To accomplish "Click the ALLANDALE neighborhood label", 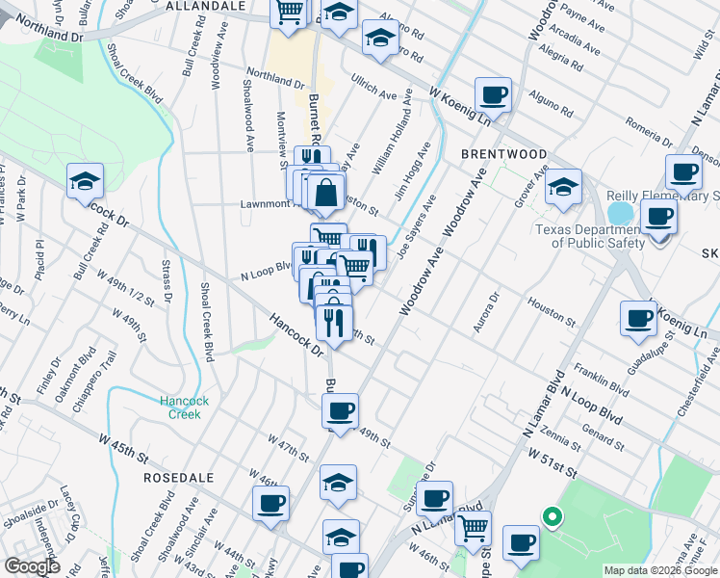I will coord(205,6).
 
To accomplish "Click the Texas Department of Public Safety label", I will coord(590,236).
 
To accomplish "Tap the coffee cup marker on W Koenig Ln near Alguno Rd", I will coord(493,95).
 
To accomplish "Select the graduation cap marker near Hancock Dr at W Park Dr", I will coord(85,180).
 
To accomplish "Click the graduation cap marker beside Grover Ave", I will coord(563,187).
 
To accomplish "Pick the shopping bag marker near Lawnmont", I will coord(326,192).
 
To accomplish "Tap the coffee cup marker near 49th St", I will coord(339,411).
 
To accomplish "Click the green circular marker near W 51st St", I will coord(551,517).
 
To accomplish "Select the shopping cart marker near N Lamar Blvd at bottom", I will coord(473,528).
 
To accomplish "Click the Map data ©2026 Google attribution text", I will coord(659,570).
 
